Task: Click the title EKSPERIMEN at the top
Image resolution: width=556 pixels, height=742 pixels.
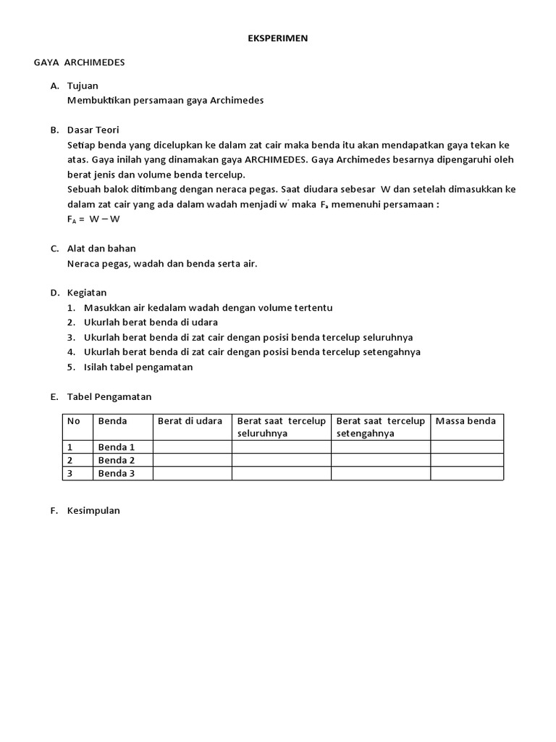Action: (x=278, y=38)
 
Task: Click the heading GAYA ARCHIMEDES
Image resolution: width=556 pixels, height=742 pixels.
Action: (x=79, y=62)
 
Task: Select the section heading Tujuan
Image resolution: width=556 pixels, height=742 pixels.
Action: (x=83, y=86)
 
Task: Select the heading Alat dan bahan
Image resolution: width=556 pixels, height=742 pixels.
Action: (x=101, y=249)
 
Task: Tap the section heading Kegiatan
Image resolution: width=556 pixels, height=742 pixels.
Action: (x=87, y=293)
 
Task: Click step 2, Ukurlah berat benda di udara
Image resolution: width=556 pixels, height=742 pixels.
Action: (x=151, y=322)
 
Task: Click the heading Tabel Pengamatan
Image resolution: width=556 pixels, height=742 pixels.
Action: (x=109, y=396)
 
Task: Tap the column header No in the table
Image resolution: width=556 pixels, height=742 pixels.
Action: (x=73, y=421)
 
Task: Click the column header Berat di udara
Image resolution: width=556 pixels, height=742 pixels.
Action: (x=190, y=421)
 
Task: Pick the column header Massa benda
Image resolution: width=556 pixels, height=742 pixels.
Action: (x=466, y=421)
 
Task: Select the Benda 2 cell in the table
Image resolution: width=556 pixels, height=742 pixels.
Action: (x=117, y=460)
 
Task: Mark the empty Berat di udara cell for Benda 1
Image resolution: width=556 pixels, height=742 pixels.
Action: (x=192, y=447)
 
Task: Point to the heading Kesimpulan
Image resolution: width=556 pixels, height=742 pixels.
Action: (x=93, y=510)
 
